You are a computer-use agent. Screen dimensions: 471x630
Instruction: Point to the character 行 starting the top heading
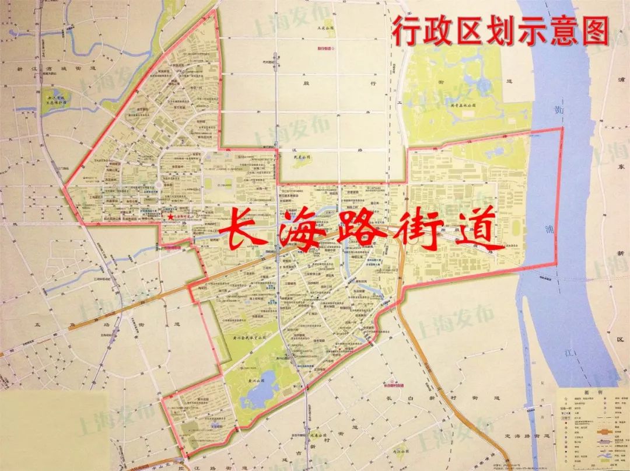pyautogui.click(x=406, y=30)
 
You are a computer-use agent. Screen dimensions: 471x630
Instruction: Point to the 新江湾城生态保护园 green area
pyautogui.click(x=56, y=99)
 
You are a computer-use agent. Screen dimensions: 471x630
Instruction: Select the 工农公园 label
pyautogui.click(x=324, y=27)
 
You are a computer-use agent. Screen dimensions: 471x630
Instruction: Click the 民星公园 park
pyautogui.click(x=299, y=158)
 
